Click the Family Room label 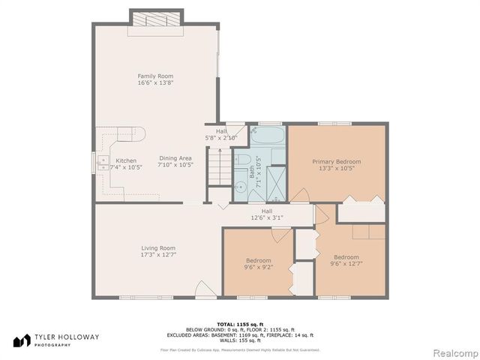[150, 76]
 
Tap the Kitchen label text [126, 160]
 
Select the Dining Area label [175, 157]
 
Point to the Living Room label [158, 248]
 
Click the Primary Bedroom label [337, 161]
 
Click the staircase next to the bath [217, 166]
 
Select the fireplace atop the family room [157, 22]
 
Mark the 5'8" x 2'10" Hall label [221, 135]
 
